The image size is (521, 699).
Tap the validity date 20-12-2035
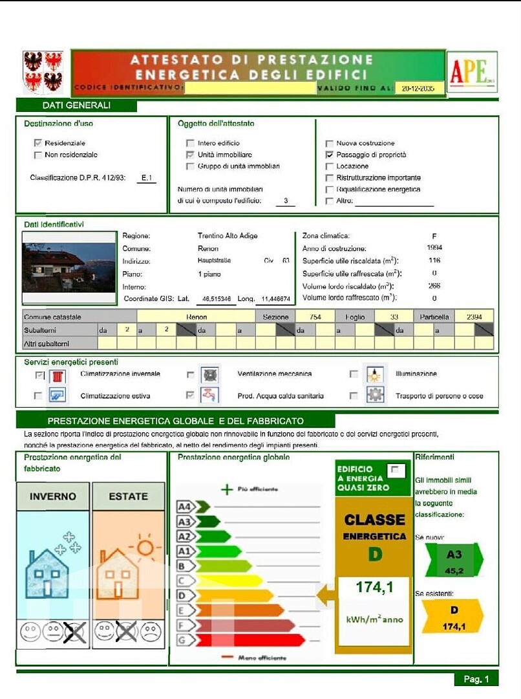[418, 89]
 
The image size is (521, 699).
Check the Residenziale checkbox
[38, 143]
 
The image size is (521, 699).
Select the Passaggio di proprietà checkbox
[330, 155]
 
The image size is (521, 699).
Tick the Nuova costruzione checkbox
[330, 144]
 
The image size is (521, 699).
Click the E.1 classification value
[148, 178]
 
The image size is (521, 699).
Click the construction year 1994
[434, 248]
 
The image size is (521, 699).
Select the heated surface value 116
[434, 261]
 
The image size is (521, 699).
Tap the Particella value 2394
[474, 317]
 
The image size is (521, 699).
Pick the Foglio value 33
[394, 317]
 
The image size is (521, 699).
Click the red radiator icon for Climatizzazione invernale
[58, 375]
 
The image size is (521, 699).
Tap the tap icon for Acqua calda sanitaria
[209, 394]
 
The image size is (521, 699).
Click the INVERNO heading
[53, 496]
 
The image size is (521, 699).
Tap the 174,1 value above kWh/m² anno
[374, 588]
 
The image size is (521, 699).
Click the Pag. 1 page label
[476, 678]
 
